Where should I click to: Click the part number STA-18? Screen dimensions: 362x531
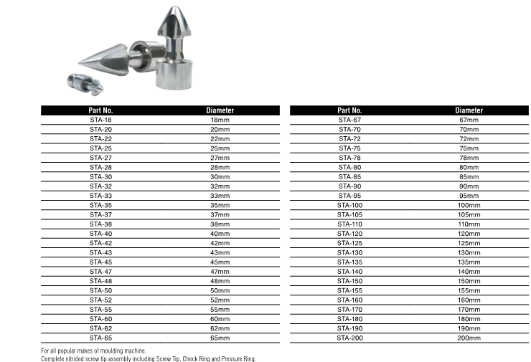coord(100,120)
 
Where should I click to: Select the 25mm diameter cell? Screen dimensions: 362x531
coord(220,148)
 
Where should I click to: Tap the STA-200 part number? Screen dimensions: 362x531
coord(349,337)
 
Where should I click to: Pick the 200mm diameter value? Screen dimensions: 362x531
coord(469,337)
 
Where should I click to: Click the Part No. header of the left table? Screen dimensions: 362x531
coord(100,110)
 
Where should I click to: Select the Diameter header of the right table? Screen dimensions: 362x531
coord(469,110)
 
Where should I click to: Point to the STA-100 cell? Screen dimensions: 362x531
coord(349,204)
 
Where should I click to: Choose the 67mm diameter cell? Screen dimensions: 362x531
coord(469,120)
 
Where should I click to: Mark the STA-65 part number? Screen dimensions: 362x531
coord(100,337)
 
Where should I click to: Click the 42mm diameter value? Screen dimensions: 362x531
coord(220,242)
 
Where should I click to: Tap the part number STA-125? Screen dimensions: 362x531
coord(349,242)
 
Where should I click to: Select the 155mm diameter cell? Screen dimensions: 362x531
coord(469,290)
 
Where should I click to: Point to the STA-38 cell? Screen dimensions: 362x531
coord(100,224)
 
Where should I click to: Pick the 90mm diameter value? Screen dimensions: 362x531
coord(469,186)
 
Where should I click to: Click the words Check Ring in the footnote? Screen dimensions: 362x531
coord(200,358)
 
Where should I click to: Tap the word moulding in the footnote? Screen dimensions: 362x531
coord(118,351)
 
